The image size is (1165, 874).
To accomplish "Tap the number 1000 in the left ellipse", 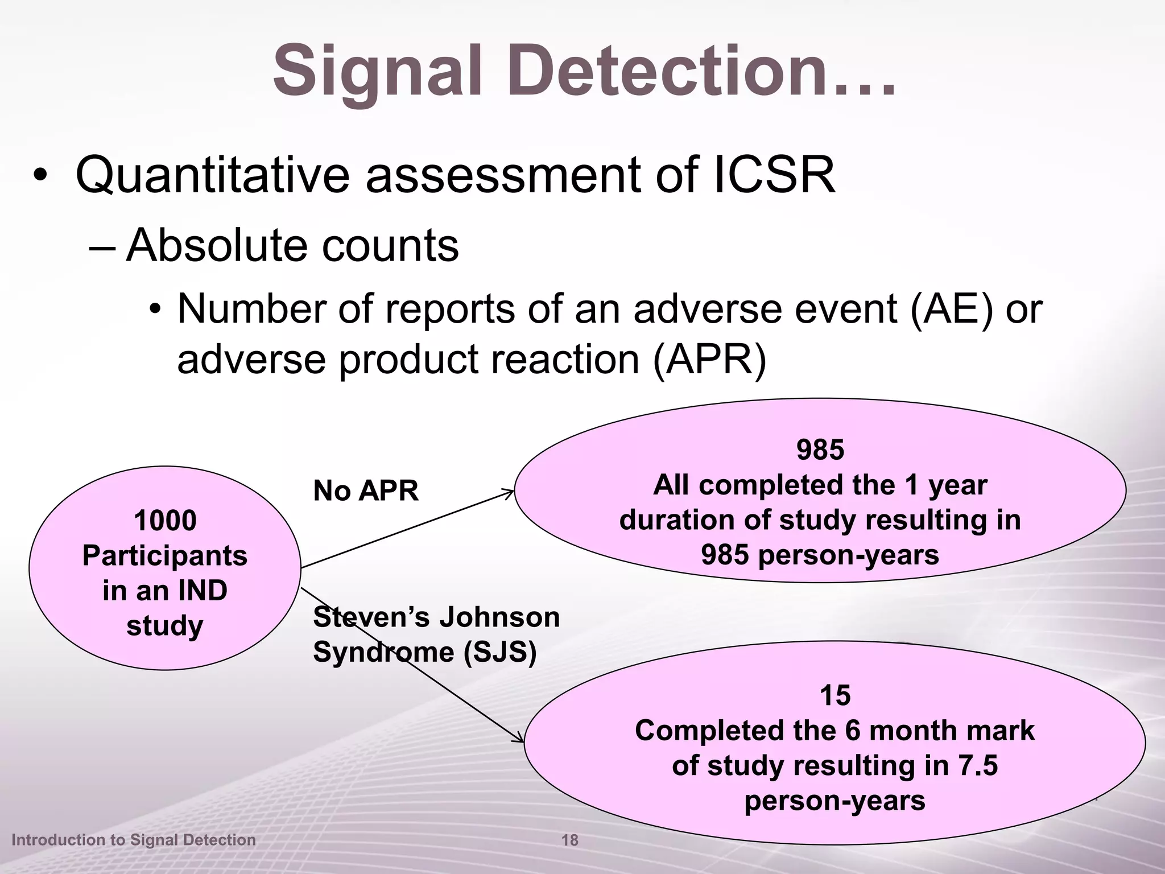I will pos(165,521).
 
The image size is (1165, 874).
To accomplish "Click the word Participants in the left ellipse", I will pos(165,555).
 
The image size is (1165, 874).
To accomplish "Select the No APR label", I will pos(365,490).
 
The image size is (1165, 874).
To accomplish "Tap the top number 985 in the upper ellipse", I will pos(820,450).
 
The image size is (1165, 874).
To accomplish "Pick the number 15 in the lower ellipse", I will pos(834,695).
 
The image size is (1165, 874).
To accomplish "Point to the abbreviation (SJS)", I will pos(499,652).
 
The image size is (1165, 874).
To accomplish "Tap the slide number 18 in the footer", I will pos(569,840).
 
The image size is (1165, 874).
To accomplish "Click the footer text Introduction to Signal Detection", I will pos(134,840).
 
